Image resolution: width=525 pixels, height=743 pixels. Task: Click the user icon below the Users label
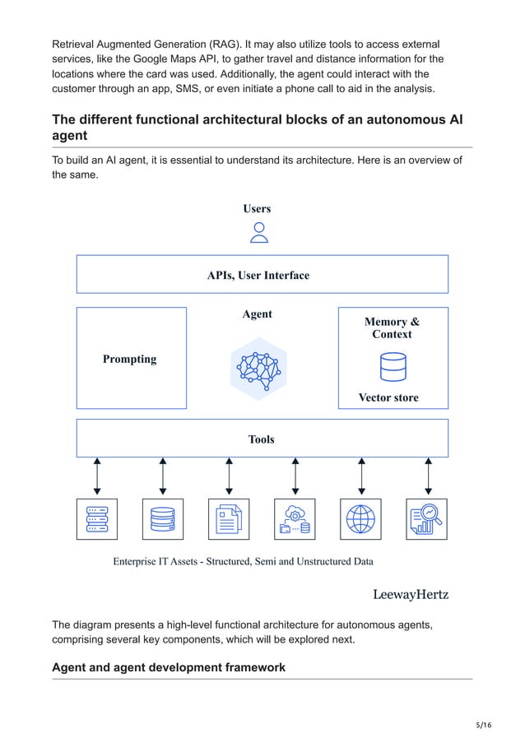pos(259,233)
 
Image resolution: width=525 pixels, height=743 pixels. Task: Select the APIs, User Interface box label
pos(258,275)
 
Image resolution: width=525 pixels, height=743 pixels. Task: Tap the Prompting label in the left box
pos(129,359)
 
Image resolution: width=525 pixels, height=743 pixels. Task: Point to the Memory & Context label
pos(392,328)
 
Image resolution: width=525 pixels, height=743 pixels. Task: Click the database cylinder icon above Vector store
pos(393,367)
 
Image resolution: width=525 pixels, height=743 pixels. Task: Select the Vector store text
pos(388,397)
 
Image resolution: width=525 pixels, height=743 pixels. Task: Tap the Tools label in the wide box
pos(261,439)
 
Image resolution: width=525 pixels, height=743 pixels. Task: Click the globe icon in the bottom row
pos(360,519)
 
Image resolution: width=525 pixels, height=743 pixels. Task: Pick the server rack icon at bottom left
pos(97,519)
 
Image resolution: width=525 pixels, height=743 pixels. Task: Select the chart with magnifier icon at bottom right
pos(426,519)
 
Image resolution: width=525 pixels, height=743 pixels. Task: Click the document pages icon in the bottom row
pos(229,519)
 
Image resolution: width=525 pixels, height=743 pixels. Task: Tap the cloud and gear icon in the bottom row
pos(295,519)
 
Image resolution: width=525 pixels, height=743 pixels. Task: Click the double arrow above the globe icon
pos(361,476)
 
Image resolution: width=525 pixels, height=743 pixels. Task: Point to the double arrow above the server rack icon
pos(97,476)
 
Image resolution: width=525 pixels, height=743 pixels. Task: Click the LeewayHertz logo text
pos(411,593)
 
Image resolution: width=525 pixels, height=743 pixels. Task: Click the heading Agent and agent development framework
pos(169,667)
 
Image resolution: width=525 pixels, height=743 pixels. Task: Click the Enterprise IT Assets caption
pos(243,562)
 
